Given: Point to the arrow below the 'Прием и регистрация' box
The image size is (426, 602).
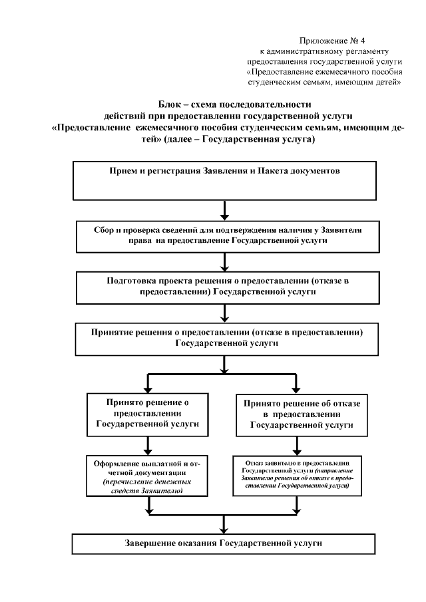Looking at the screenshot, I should [226, 210].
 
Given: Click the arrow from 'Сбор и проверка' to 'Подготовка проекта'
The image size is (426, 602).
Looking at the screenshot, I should [226, 262].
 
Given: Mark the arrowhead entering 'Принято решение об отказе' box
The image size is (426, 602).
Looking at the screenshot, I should [296, 388].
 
